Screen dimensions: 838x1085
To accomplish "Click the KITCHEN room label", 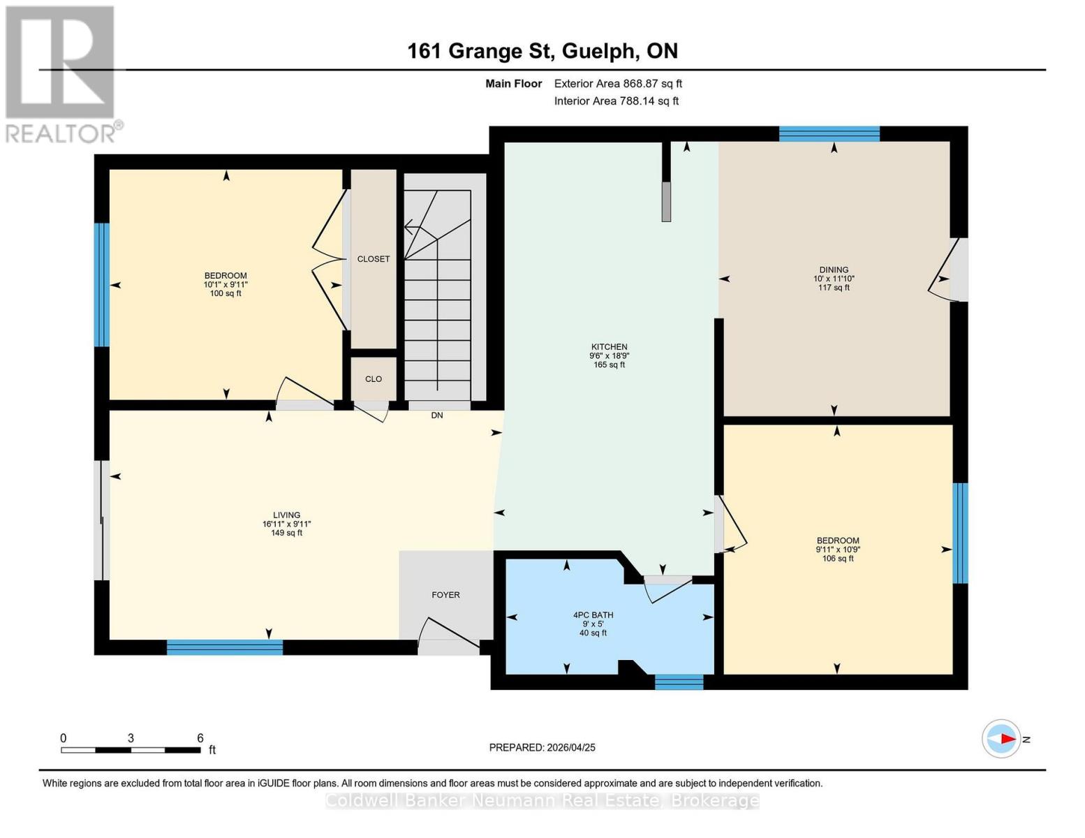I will click(609, 347).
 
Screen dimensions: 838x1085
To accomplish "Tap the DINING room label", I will click(834, 270).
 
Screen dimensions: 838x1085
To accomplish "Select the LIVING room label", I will click(286, 515).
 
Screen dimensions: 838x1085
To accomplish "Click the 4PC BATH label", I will click(593, 615).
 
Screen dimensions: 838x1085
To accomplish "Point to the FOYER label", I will click(445, 595).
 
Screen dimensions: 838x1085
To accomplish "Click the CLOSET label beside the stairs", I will click(374, 259).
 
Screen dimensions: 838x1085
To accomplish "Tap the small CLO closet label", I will click(374, 379).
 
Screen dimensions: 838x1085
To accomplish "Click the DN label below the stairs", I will click(437, 416).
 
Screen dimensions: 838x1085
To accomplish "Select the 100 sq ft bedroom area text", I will click(226, 294).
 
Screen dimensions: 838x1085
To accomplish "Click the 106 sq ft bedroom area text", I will click(838, 559).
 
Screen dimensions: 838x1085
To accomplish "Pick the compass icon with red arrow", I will click(1002, 739).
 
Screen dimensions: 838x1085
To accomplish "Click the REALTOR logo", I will click(61, 73).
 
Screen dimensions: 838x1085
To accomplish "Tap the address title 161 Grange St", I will click(542, 51).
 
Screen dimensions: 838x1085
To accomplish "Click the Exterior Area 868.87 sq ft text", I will click(618, 84).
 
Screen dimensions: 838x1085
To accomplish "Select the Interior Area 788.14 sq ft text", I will click(617, 101).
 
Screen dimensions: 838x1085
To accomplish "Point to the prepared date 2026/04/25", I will click(542, 747).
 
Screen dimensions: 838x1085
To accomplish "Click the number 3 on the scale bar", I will click(131, 738).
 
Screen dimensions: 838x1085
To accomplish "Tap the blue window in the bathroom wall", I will click(679, 682).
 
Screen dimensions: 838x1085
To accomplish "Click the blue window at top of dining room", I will click(829, 134).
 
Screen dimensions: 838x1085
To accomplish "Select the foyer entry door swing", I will click(447, 632).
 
